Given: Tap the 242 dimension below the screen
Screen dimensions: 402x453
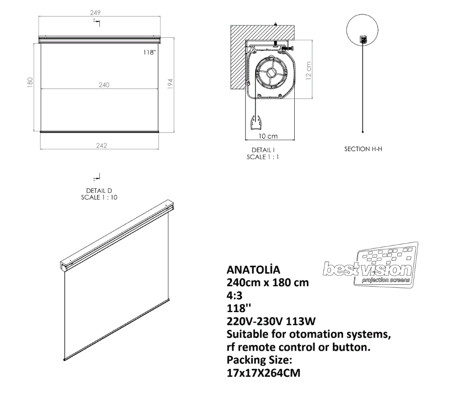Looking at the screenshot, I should point(100,144).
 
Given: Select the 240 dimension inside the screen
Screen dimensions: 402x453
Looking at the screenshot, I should point(104,85).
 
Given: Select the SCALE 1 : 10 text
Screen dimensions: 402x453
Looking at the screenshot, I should point(99,197).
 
